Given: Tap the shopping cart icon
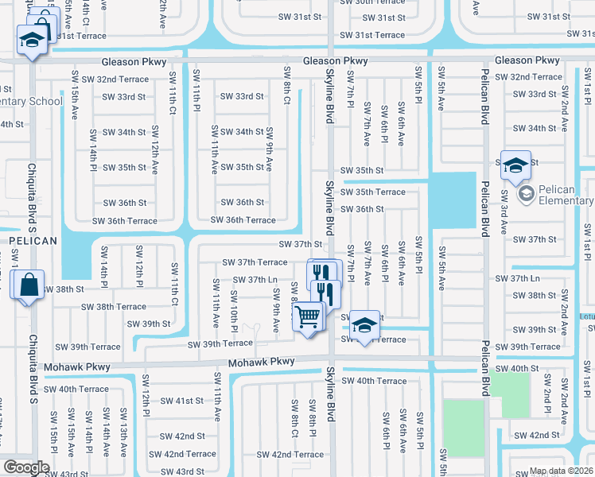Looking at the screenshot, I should (x=308, y=317).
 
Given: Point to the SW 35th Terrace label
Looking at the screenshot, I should (x=373, y=192).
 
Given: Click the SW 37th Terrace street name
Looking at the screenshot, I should (x=255, y=262).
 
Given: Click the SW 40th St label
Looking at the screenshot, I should (x=517, y=369).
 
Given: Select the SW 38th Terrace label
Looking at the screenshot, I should (x=114, y=306).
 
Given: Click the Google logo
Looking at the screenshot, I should (x=26, y=467).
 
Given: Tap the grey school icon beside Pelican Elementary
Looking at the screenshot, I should (x=526, y=193).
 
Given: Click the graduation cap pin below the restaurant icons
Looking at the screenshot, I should (x=364, y=325).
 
